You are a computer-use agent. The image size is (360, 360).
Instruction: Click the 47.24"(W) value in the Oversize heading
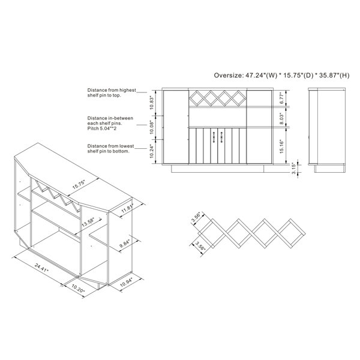[x=262, y=76]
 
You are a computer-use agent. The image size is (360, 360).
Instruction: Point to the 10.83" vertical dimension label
[x=152, y=103]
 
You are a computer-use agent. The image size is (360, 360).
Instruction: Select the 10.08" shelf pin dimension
[x=152, y=127]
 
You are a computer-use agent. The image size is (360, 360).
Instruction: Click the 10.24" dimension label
[x=152, y=151]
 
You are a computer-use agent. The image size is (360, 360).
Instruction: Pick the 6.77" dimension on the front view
[x=282, y=98]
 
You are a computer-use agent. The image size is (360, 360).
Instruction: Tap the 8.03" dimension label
[x=282, y=118]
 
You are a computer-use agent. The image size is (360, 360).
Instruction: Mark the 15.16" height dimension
[x=282, y=146]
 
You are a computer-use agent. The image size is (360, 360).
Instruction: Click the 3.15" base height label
[x=294, y=169]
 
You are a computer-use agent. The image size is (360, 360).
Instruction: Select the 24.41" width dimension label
[x=41, y=268]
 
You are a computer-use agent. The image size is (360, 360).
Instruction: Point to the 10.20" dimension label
[x=78, y=289]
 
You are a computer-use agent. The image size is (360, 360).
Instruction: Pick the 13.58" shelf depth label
[x=88, y=222]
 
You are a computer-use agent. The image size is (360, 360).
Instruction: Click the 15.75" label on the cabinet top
[x=79, y=185]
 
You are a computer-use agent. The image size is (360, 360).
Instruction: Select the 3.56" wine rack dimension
[x=196, y=218]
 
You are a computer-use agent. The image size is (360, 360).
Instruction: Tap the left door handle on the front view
[x=214, y=137]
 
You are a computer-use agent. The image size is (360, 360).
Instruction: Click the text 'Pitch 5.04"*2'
[x=102, y=128]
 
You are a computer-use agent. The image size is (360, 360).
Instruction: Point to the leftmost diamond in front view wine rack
[x=196, y=98]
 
